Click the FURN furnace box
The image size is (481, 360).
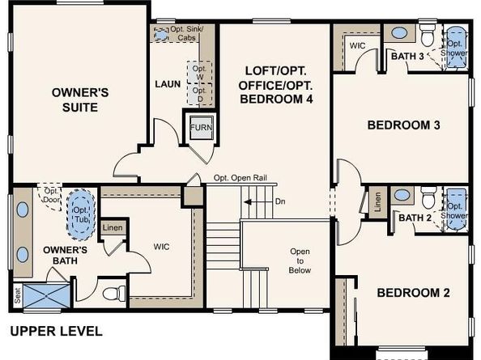click(x=199, y=129)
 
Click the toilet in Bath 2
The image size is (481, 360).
click(x=428, y=198)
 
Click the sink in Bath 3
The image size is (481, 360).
click(x=398, y=34)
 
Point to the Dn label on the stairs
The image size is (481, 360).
click(x=279, y=201)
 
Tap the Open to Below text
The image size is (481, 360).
click(x=300, y=261)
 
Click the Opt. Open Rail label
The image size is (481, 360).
click(x=240, y=178)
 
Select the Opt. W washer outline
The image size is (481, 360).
click(x=198, y=72)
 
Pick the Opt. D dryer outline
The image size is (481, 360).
click(x=198, y=95)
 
